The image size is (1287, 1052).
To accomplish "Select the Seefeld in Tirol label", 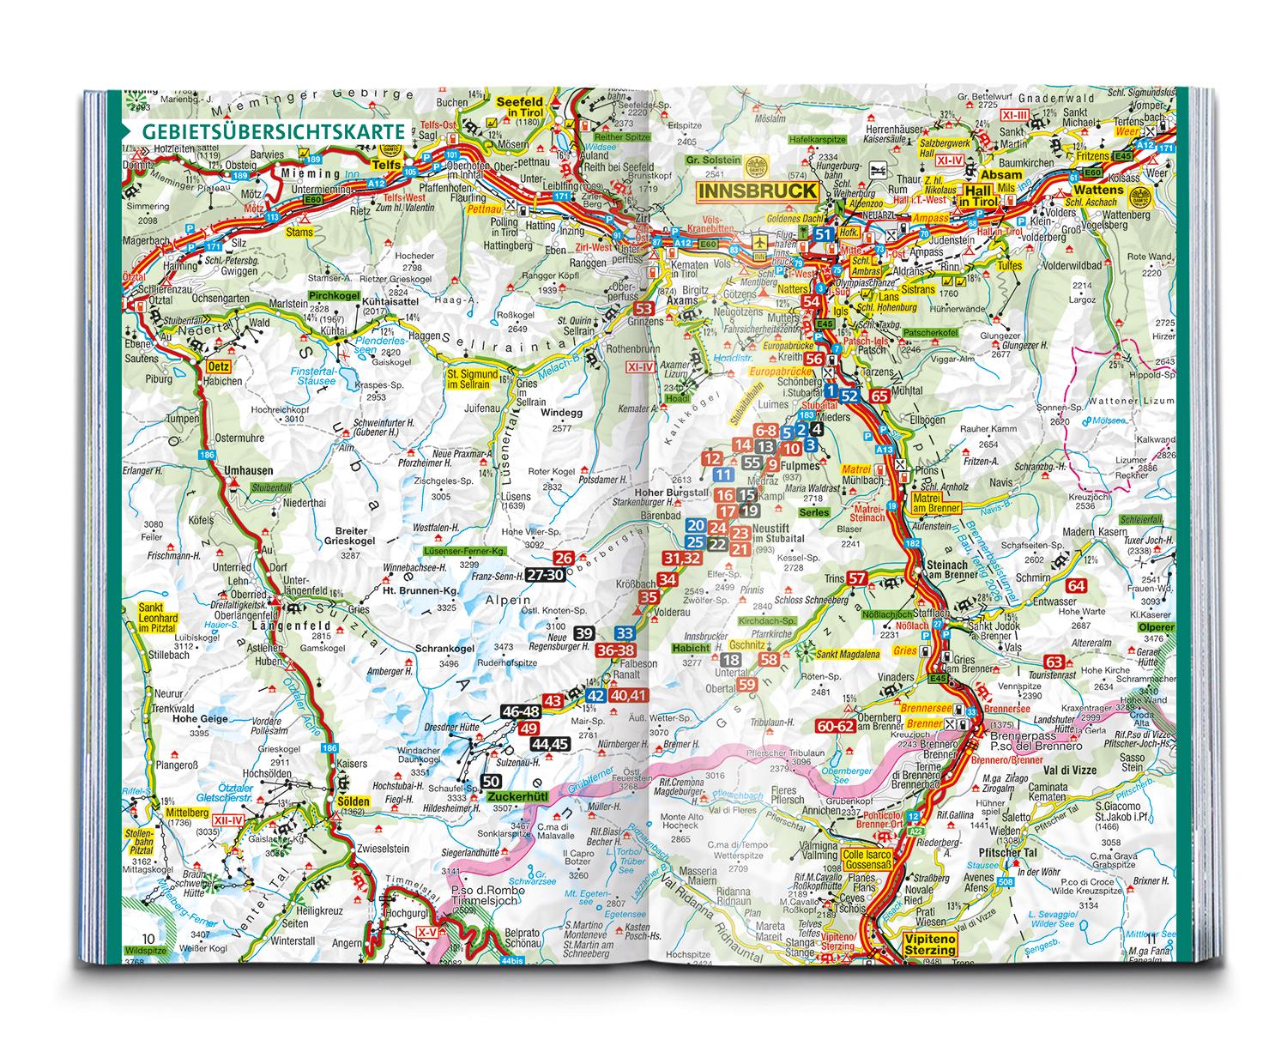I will pyautogui.click(x=522, y=107).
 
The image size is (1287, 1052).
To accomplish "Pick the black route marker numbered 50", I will pyautogui.click(x=491, y=781).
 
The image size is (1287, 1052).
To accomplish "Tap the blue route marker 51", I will pyautogui.click(x=825, y=235).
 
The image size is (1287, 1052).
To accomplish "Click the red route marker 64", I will pyautogui.click(x=1077, y=586).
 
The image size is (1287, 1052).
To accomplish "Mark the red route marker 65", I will pyautogui.click(x=879, y=396).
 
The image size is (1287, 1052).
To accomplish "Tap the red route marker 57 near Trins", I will pyautogui.click(x=857, y=578).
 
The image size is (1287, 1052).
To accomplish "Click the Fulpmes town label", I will pyautogui.click(x=797, y=465).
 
